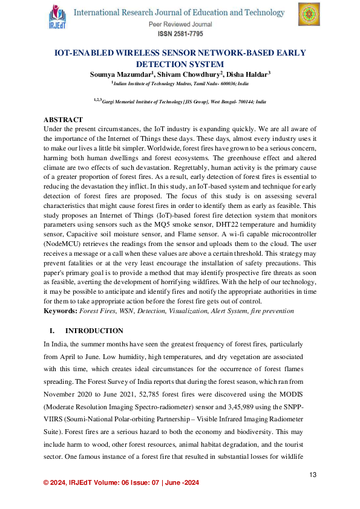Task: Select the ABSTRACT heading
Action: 64,120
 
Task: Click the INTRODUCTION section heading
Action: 94,331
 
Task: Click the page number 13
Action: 313,475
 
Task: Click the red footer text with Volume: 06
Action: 120,482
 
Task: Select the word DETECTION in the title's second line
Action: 159,63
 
